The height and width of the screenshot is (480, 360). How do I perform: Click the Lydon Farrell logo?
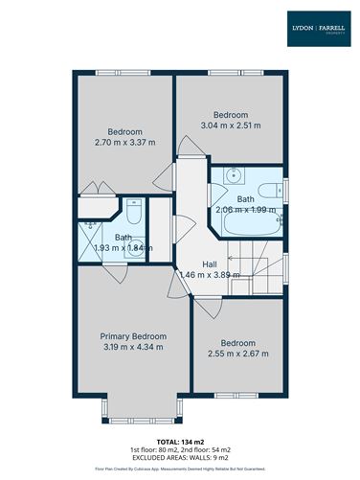click(319, 29)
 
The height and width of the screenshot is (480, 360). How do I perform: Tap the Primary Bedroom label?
click(134, 336)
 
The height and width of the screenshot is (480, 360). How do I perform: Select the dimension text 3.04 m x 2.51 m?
click(230, 125)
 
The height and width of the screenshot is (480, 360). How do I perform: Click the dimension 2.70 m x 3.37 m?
click(124, 143)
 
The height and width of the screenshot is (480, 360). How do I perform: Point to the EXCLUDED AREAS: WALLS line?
click(179, 456)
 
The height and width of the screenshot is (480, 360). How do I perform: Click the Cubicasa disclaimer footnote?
click(179, 469)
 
